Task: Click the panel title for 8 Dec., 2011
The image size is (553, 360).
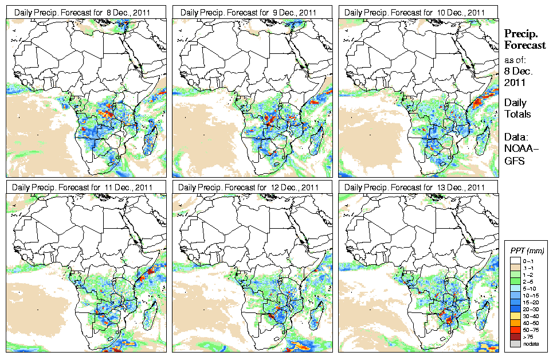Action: point(84,12)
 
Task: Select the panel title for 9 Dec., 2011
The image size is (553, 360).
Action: point(250,12)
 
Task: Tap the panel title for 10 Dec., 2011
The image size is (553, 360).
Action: point(415,12)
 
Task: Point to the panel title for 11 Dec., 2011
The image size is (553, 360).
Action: point(84,187)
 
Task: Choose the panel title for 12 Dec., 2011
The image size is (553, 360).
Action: point(250,187)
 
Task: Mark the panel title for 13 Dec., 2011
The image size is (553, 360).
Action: point(415,187)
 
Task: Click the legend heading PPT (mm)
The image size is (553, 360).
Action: point(527,251)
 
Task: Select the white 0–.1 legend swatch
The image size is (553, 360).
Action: point(515,260)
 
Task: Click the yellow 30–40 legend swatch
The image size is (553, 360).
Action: point(515,316)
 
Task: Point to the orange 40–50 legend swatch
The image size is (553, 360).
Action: point(515,323)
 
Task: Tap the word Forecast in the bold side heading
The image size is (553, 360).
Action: point(525,45)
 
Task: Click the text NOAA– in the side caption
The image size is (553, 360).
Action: point(517,150)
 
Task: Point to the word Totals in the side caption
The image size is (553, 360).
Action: point(517,114)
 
